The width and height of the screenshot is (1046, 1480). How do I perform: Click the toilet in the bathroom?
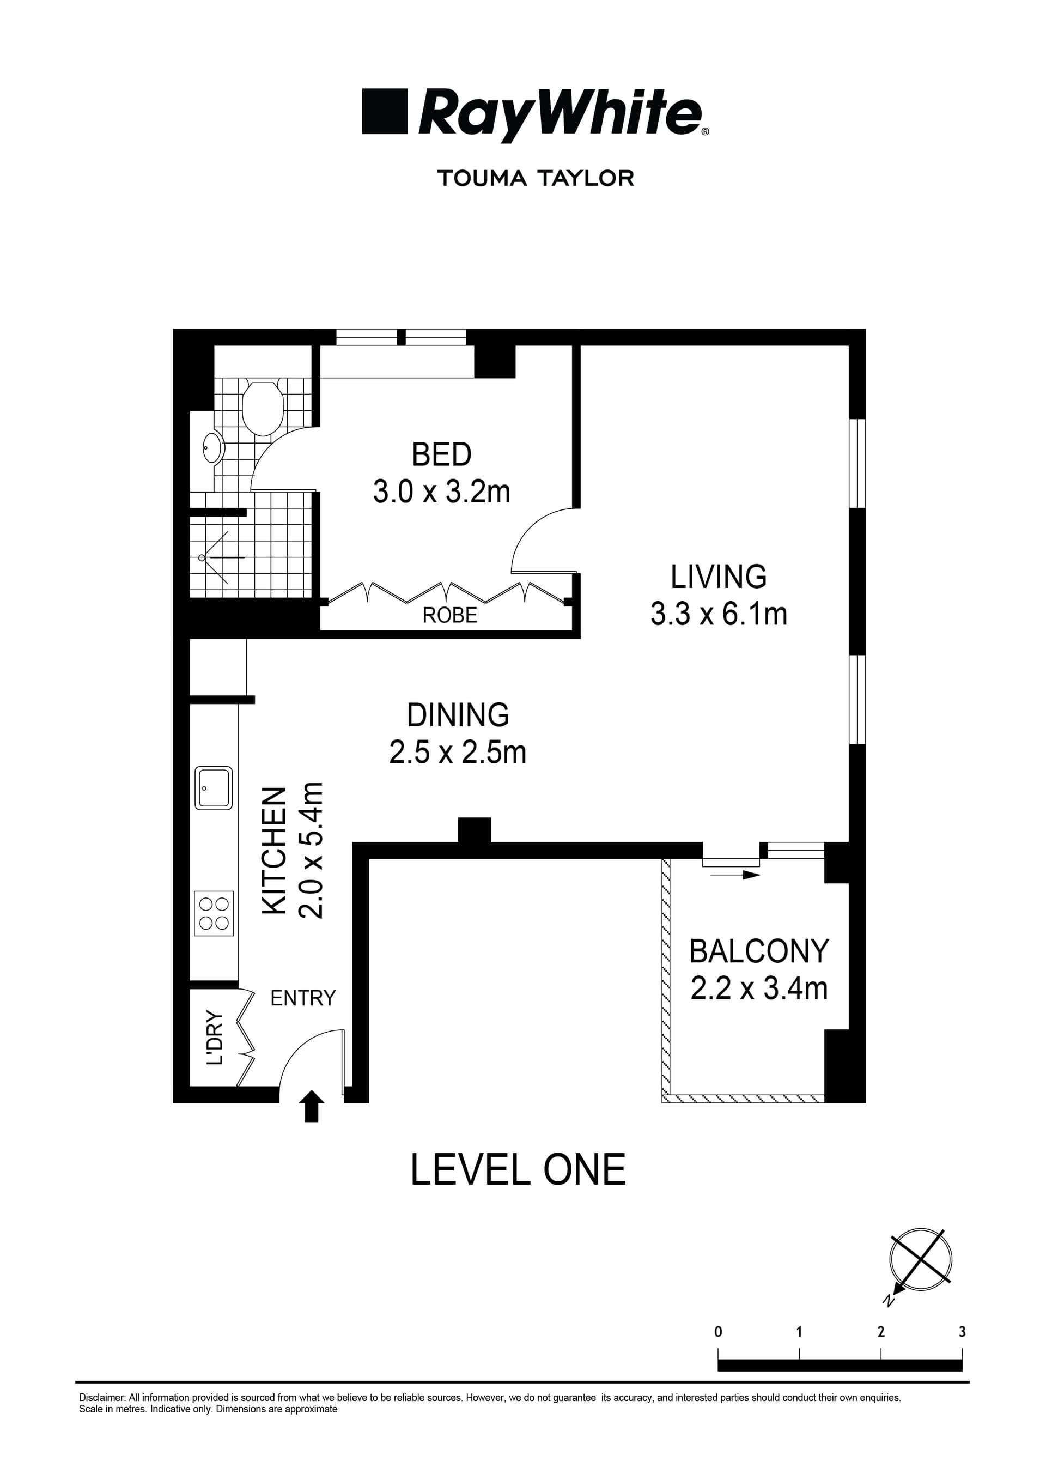pyautogui.click(x=262, y=408)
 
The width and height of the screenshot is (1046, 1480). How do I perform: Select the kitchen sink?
pyautogui.click(x=214, y=788)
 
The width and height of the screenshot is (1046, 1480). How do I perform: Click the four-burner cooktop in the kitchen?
pyautogui.click(x=214, y=914)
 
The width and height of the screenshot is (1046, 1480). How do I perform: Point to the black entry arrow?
pyautogui.click(x=312, y=1106)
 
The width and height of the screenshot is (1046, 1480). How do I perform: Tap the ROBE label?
pyautogui.click(x=450, y=616)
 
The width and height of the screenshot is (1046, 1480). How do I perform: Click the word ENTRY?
pyautogui.click(x=303, y=998)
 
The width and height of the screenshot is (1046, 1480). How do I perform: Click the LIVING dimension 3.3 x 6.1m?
pyautogui.click(x=719, y=614)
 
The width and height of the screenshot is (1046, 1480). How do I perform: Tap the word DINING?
pyautogui.click(x=458, y=715)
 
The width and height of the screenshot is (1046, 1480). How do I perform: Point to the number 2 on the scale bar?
pyautogui.click(x=880, y=1332)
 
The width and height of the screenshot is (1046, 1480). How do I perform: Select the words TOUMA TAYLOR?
pyautogui.click(x=535, y=179)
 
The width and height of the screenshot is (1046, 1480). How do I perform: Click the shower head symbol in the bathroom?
pyautogui.click(x=202, y=557)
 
